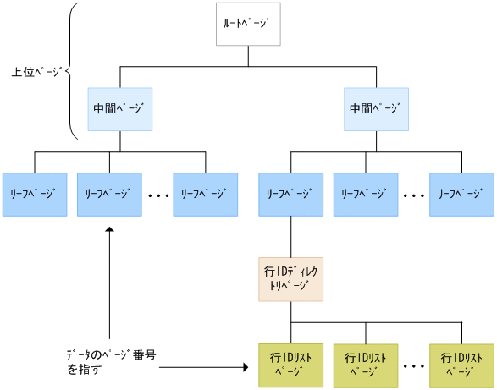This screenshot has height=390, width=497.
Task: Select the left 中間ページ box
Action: pos(119,108)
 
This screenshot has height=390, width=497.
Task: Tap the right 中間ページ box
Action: pos(376,108)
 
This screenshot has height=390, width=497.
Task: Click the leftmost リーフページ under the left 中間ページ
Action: pos(34,194)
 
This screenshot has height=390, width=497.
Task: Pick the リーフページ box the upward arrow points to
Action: pos(109,194)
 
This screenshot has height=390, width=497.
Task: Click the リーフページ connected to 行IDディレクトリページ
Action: pos(290,194)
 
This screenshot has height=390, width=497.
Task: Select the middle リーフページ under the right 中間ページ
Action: pos(366,194)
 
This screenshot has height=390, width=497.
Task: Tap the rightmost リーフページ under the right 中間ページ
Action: pos(461,194)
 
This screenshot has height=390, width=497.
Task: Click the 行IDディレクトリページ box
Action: pos(290,280)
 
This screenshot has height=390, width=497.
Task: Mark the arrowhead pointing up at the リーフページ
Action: pos(109,231)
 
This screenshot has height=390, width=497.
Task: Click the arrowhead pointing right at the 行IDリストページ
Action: pos(247,368)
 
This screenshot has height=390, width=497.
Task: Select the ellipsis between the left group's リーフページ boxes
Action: pos(157,195)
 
